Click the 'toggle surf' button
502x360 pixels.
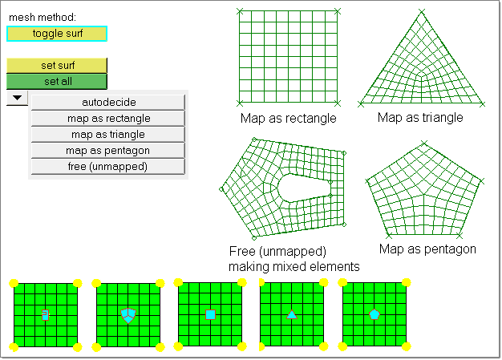coord(56,33)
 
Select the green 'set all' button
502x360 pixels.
coord(56,81)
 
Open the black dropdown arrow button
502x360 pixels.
coord(17,98)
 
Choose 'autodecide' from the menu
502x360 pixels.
coord(108,102)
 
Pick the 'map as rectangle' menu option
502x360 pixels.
coord(108,118)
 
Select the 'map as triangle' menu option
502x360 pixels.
coord(108,134)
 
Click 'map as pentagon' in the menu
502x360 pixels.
coord(108,150)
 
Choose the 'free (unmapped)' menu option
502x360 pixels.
coord(108,166)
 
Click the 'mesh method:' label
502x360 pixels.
coord(42,17)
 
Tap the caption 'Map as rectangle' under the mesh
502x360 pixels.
coord(288,119)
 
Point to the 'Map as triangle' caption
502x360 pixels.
coord(420,118)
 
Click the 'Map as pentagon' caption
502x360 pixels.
coord(427,249)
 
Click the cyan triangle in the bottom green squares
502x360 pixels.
coord(292,315)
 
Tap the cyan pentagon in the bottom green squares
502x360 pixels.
coord(374,314)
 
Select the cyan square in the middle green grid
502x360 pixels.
coord(210,314)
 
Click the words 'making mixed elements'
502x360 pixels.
coord(294,266)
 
